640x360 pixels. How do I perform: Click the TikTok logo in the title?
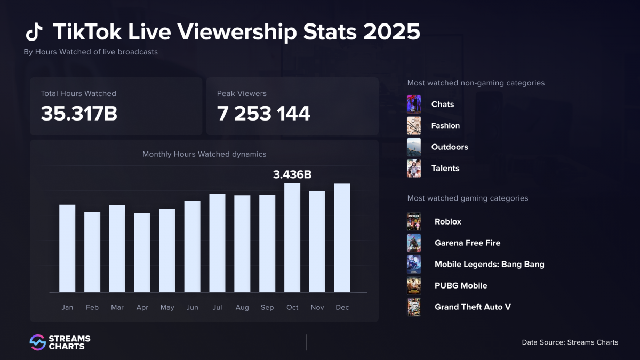coord(34,32)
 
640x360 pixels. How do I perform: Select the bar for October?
coord(292,238)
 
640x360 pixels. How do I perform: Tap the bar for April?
coord(142,252)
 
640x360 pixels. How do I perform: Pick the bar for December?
coord(342,238)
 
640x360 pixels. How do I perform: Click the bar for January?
coord(67,249)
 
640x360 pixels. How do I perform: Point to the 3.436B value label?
coord(292,174)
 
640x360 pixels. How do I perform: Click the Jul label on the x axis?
coord(217,307)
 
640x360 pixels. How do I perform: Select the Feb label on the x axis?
coord(92,307)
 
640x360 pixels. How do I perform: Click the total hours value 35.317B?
coord(79,114)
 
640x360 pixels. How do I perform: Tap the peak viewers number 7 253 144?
coord(263,114)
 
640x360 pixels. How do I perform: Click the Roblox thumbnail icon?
coord(414,222)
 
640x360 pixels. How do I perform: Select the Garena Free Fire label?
coord(467,243)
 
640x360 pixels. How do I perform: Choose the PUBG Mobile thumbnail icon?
coord(414,286)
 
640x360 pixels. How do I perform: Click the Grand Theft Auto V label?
coord(473,307)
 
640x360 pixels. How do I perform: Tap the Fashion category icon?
coord(414,126)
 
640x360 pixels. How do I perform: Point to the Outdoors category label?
coord(450,147)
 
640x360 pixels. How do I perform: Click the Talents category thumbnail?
coord(414,169)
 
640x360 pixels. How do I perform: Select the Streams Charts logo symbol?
coord(37,342)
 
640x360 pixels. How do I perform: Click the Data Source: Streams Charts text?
coord(570,342)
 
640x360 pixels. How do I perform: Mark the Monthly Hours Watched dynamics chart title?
coord(204,154)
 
